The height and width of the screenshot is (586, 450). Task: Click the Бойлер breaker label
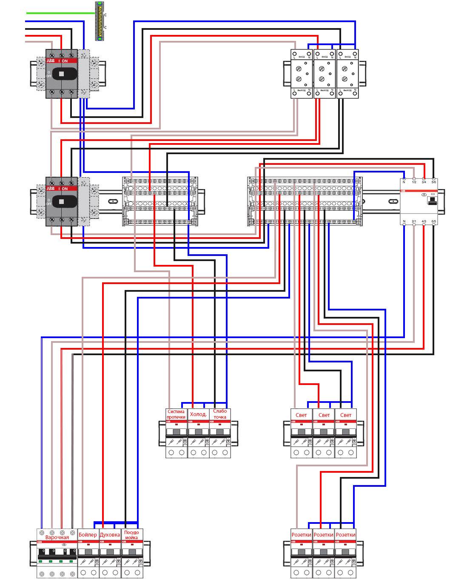(x=88, y=535)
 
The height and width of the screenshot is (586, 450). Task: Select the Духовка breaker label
(x=110, y=535)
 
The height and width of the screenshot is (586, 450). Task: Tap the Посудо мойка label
(x=132, y=535)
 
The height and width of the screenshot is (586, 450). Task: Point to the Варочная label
(x=57, y=537)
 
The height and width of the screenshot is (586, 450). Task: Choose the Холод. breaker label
(x=198, y=414)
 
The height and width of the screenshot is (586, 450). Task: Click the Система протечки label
(x=176, y=414)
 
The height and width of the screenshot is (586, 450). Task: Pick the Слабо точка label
(x=220, y=414)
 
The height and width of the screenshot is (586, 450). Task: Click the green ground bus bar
(x=100, y=21)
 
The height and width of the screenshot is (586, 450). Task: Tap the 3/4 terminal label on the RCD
(x=424, y=182)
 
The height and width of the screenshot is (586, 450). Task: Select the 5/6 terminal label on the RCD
(x=434, y=182)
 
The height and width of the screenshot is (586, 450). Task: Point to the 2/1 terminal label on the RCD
(x=414, y=221)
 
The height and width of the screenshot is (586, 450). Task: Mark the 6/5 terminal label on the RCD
(x=434, y=221)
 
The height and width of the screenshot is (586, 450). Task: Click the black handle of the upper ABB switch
(x=61, y=74)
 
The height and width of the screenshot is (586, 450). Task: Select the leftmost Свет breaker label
(x=302, y=415)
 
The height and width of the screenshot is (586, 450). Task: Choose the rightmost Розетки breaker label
(x=345, y=535)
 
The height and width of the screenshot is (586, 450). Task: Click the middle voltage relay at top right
(x=324, y=74)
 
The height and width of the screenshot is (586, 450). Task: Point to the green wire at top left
(x=60, y=13)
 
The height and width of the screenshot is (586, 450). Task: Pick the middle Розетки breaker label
(x=323, y=535)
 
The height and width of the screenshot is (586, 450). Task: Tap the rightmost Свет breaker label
(x=346, y=415)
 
